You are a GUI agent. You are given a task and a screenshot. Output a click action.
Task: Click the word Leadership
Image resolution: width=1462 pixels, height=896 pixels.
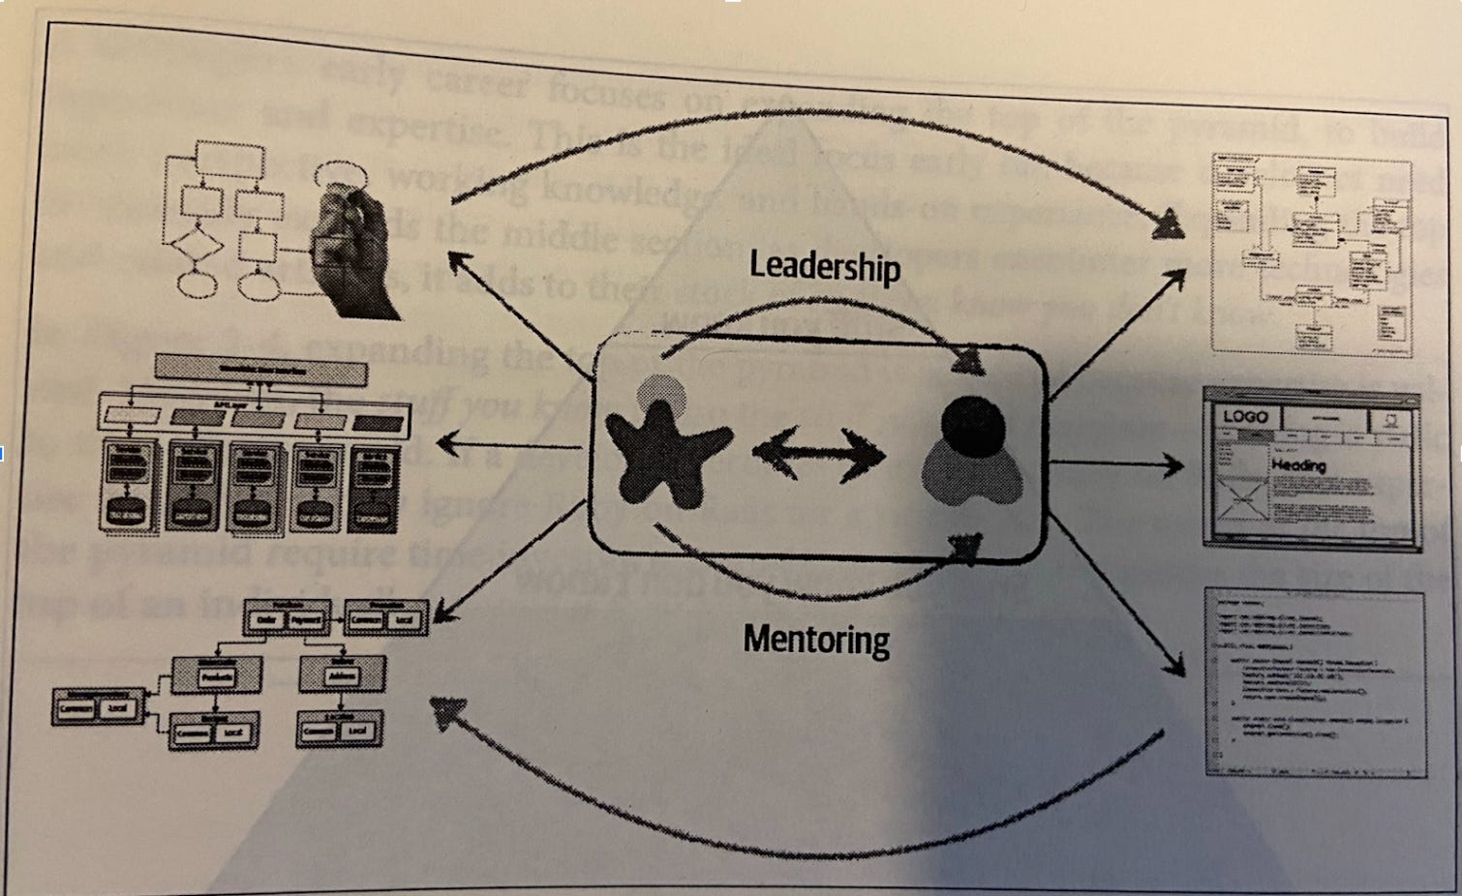825,266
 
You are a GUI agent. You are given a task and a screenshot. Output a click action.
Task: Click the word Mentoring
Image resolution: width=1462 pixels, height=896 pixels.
816,640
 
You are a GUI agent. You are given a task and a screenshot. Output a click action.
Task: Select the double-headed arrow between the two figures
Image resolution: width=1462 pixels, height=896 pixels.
819,453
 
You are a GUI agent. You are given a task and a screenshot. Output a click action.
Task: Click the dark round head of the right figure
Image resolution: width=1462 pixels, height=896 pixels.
973,423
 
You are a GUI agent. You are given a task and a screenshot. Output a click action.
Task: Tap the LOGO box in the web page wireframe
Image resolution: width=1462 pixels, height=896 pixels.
1245,417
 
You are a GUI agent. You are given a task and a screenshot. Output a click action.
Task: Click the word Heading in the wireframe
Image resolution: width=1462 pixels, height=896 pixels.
1298,465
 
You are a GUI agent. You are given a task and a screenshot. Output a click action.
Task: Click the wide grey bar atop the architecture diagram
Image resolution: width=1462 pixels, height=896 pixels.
261,371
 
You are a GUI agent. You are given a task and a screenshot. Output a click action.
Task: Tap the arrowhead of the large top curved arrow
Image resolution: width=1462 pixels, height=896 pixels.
1170,227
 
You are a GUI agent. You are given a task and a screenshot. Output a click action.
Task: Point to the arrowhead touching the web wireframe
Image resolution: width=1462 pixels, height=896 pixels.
1174,466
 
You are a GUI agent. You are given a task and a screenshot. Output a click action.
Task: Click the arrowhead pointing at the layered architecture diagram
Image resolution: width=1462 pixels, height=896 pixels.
446,445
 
